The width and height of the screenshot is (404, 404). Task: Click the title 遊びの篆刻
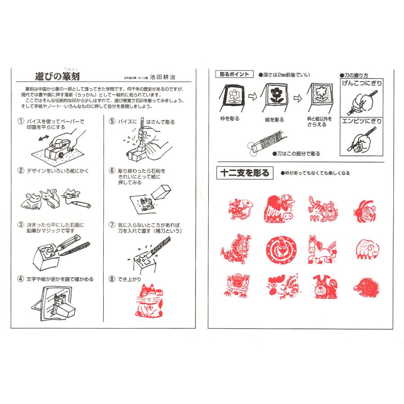point(58,75)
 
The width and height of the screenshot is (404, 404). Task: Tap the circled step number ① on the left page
point(21,122)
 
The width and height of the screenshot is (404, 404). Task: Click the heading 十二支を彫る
point(244,172)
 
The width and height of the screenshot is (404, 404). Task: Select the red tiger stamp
point(321,209)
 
